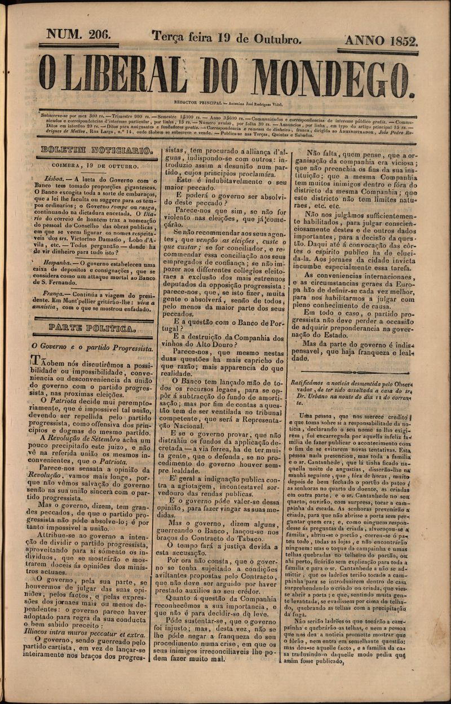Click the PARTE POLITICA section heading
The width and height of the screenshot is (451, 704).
92,327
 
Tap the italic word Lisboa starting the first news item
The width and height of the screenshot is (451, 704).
58,179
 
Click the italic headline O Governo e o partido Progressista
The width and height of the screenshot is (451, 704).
92,348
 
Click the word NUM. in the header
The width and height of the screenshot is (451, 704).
63,36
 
